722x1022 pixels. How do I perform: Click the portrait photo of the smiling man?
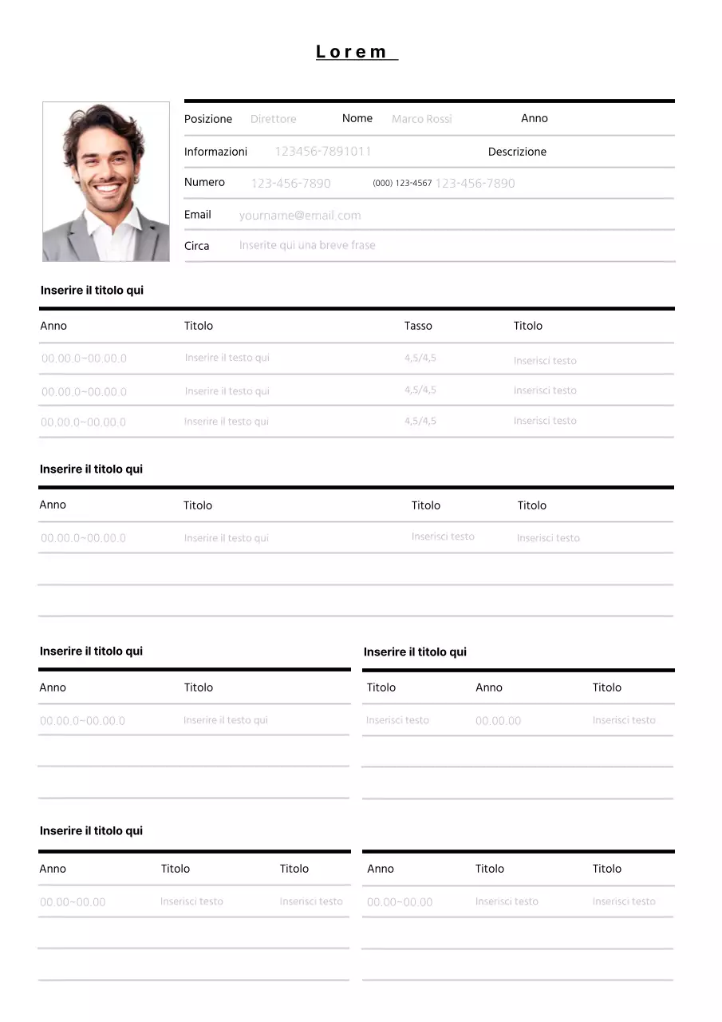106,181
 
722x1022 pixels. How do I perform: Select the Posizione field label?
208,119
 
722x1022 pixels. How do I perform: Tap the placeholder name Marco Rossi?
421,119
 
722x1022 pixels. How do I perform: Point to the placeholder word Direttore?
273,119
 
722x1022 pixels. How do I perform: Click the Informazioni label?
215,152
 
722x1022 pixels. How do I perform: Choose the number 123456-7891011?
323,151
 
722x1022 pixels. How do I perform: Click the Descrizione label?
517,152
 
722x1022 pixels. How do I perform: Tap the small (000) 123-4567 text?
402,183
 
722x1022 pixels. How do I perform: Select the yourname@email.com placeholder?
300,215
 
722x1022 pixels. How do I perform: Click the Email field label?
198,214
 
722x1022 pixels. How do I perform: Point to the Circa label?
197,246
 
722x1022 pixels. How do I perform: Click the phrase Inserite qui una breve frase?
307,245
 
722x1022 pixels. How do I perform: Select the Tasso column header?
418,326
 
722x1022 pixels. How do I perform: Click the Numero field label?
204,182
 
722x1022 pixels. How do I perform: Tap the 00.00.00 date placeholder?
498,721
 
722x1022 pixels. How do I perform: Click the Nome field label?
357,118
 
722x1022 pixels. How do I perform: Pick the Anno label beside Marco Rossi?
535,118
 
